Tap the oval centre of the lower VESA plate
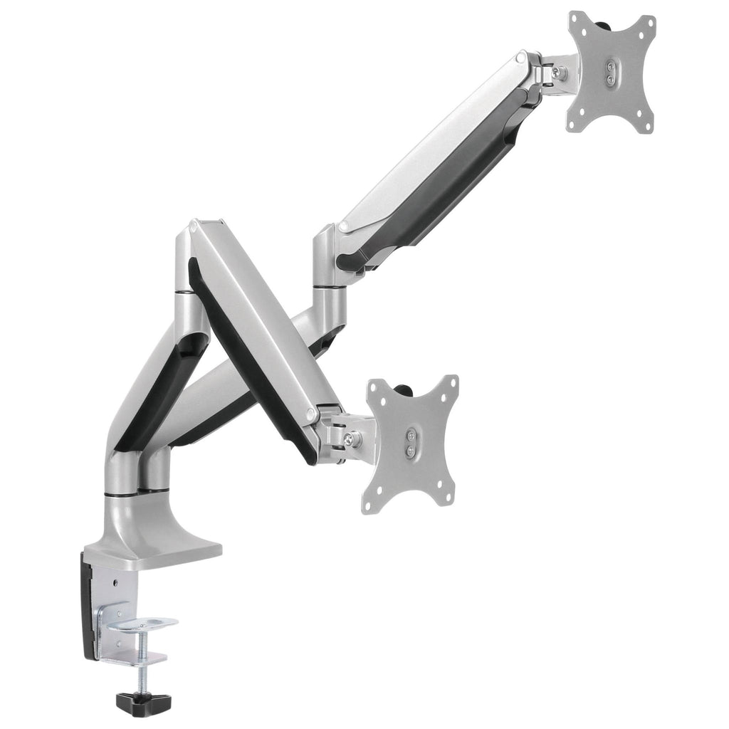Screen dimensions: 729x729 411,444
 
